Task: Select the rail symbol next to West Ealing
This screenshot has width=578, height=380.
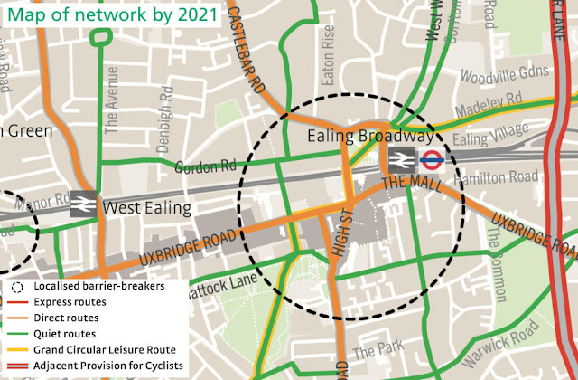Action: coord(83,204)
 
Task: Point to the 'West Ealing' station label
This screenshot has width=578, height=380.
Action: coord(146,209)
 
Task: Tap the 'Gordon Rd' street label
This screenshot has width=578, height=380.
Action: coord(206,167)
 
